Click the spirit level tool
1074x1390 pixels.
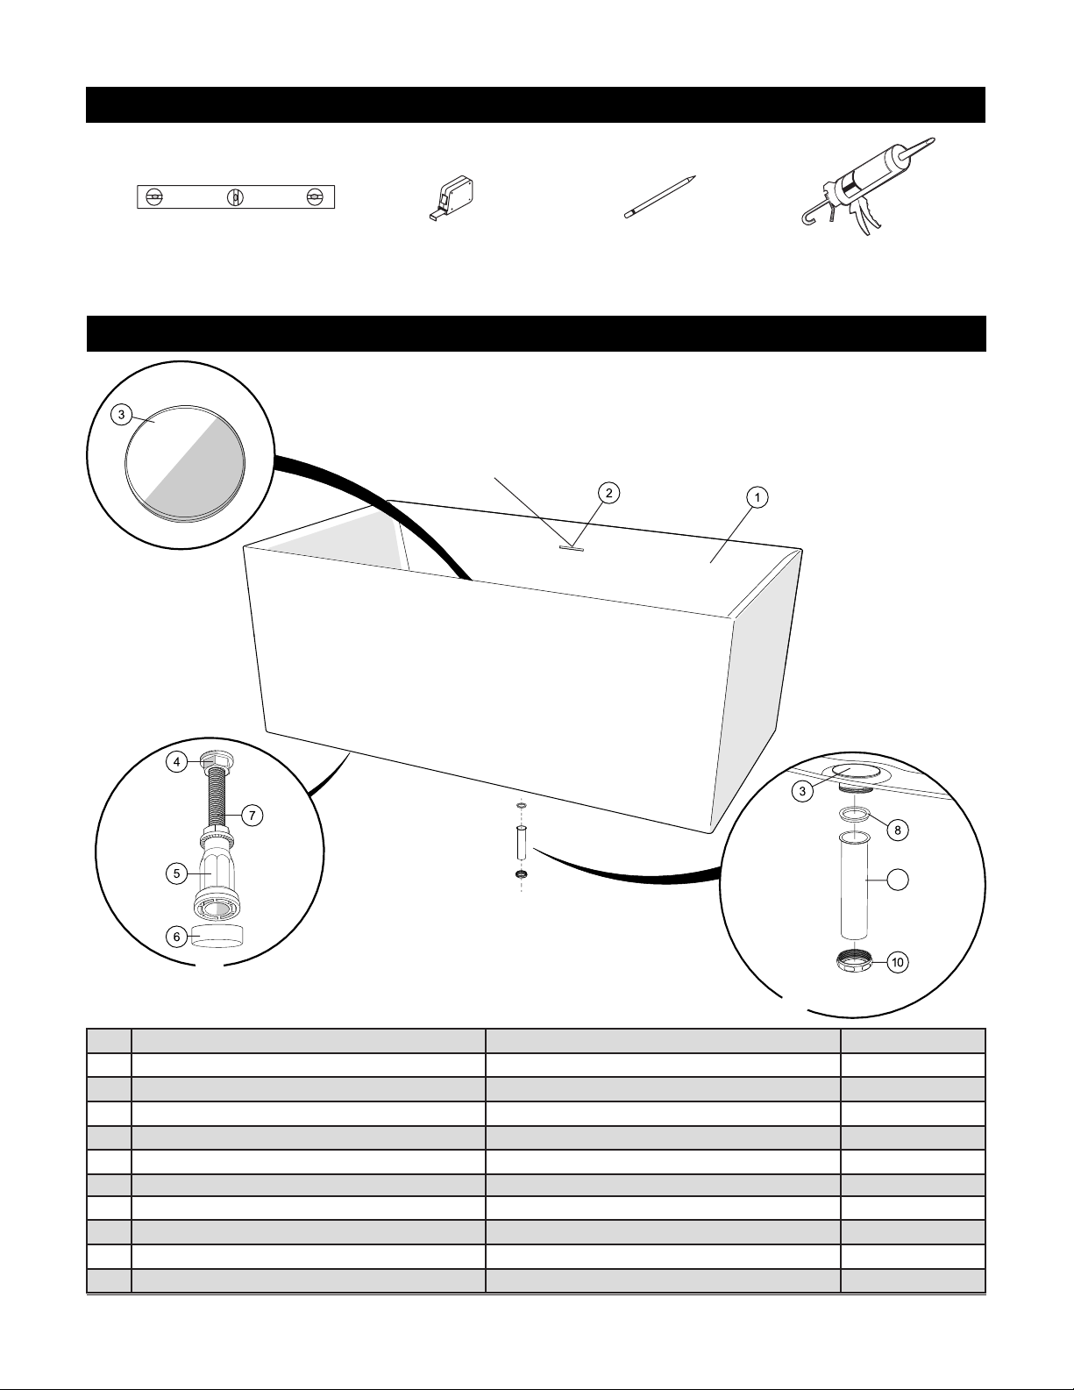coord(236,197)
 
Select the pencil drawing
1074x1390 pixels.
coord(660,195)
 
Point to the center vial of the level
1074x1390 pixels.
coord(234,197)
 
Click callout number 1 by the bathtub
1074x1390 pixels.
coord(757,497)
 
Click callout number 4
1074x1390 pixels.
coord(177,762)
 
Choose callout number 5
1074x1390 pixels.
coord(177,873)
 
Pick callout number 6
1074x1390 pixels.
coord(177,937)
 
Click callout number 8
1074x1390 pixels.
coord(897,829)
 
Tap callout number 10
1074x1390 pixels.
coord(897,962)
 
